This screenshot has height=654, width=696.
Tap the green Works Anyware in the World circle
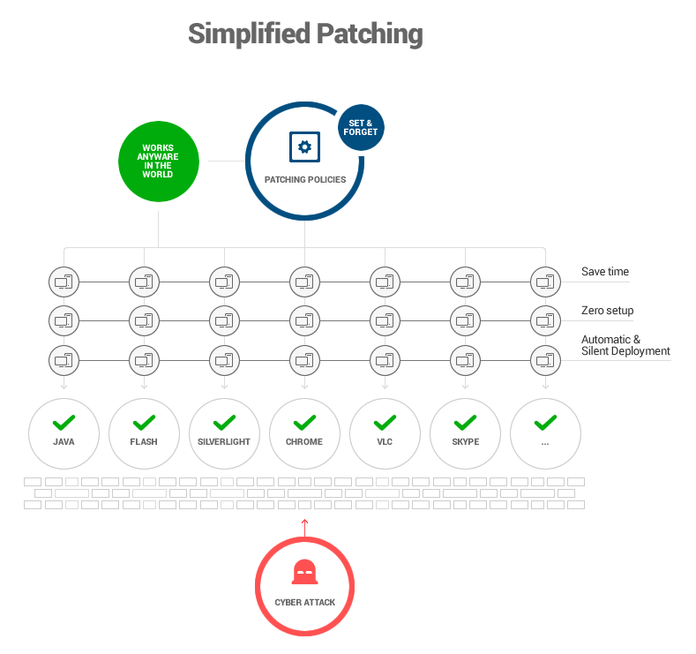click(x=158, y=162)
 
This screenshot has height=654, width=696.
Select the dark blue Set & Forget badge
click(x=361, y=128)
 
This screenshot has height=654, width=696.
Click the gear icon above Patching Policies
click(x=304, y=147)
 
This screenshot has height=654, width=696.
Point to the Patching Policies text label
click(x=304, y=179)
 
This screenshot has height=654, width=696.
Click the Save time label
click(x=605, y=272)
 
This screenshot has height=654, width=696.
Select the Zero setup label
click(x=607, y=311)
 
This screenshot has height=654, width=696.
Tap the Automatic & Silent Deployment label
click(x=625, y=345)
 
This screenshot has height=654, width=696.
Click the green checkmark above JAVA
click(x=64, y=422)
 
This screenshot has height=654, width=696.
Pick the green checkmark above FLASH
click(x=144, y=422)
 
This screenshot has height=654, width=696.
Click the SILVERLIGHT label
click(x=224, y=441)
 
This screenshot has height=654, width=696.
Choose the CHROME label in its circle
click(x=304, y=441)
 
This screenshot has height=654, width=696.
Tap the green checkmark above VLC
click(x=385, y=422)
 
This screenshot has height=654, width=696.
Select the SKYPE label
click(x=465, y=441)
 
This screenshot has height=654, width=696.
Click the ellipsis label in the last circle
click(x=545, y=442)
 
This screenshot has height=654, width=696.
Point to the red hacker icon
click(x=304, y=573)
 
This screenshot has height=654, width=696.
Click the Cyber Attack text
click(x=304, y=602)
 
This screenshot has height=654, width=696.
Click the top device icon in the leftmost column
click(x=64, y=282)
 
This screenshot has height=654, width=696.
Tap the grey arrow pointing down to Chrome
click(x=304, y=384)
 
